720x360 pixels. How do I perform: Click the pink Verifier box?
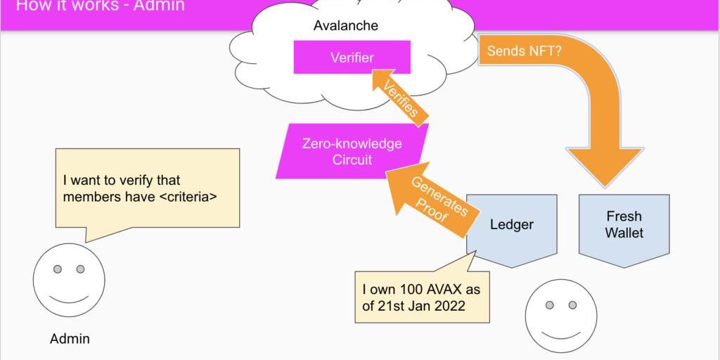[352, 57]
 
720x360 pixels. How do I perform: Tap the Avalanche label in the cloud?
[345, 26]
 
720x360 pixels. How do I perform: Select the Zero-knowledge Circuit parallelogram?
[352, 151]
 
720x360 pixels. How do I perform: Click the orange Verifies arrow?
[398, 96]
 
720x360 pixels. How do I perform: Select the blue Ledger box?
[511, 225]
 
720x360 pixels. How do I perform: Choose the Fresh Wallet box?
[624, 224]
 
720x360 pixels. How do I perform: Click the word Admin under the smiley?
[70, 339]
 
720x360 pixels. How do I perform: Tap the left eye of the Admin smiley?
[58, 269]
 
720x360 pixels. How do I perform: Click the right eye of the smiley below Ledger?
[572, 305]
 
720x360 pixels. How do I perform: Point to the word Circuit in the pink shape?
[352, 160]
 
